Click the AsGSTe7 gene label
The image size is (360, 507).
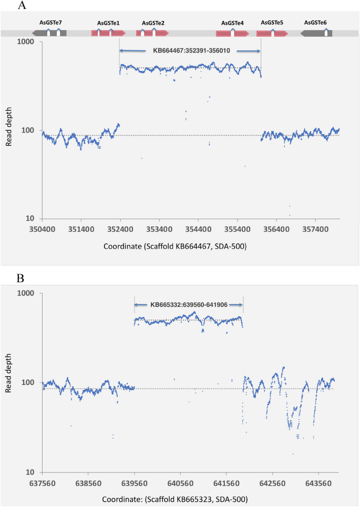(50, 23)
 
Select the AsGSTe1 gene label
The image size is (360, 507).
(108, 23)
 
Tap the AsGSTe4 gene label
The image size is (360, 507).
(232, 23)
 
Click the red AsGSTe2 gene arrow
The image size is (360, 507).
(152, 33)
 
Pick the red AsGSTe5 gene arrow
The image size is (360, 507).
(272, 33)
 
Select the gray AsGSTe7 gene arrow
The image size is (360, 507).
(49, 33)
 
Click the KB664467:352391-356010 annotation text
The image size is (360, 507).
(190, 51)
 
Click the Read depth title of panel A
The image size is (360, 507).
(9, 129)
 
